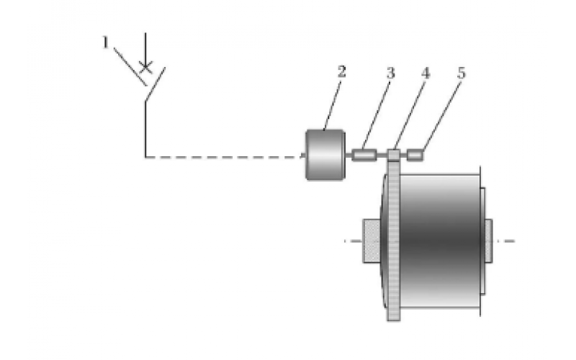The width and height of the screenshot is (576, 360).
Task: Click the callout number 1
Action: [x=105, y=44]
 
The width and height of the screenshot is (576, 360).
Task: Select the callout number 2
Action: [x=341, y=71]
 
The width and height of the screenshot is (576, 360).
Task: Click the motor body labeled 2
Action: [x=324, y=154]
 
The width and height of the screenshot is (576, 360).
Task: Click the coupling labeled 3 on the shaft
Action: [x=365, y=154]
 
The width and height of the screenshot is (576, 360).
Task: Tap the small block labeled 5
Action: [x=415, y=154]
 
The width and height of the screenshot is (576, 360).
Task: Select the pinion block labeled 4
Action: [x=393, y=154]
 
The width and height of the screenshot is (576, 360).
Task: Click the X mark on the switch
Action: [x=145, y=68]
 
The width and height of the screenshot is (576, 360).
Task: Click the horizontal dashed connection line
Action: [x=223, y=156]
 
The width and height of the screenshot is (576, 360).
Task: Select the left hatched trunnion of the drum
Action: [x=372, y=241]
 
